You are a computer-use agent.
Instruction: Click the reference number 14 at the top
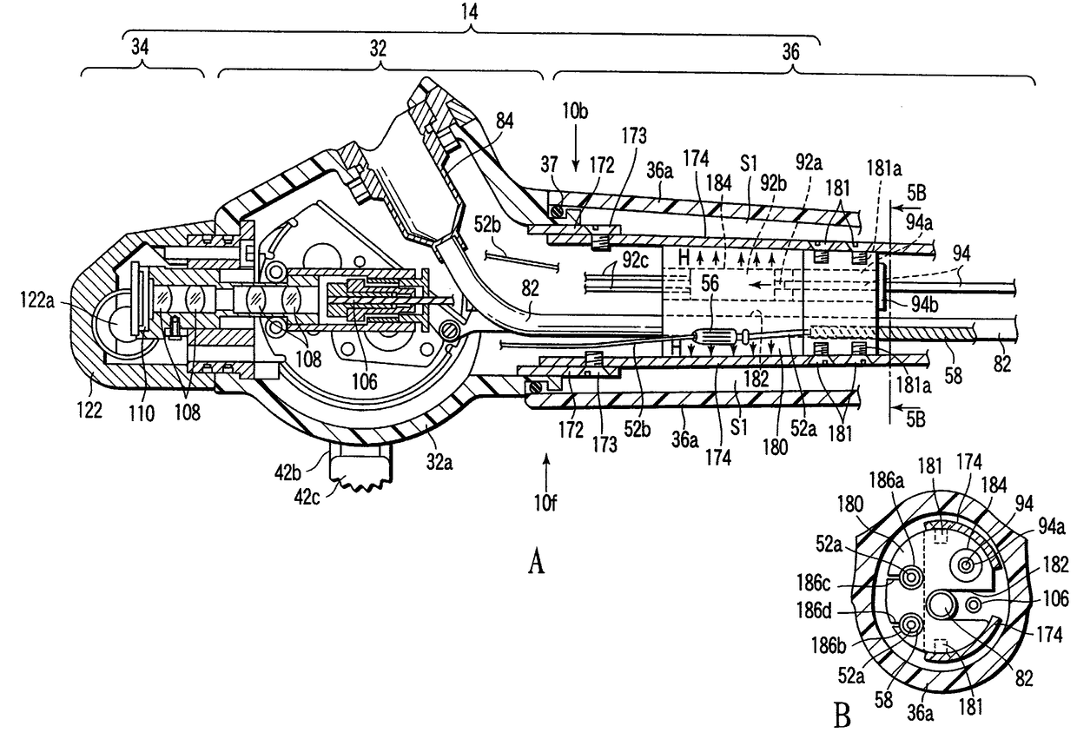[470, 12]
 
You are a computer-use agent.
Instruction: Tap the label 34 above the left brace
[140, 47]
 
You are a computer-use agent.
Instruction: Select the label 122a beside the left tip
[37, 300]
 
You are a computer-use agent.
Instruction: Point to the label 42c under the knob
[307, 498]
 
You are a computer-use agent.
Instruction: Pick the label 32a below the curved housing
[439, 463]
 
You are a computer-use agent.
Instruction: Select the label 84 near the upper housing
[505, 121]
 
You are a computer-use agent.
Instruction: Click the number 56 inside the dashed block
[710, 283]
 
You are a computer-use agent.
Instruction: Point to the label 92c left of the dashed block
[635, 261]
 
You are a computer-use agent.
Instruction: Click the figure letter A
[537, 562]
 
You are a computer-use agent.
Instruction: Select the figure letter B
[842, 716]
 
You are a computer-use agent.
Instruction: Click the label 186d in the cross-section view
[814, 610]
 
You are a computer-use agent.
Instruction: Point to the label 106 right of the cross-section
[1055, 599]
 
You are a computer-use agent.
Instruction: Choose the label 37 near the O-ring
[549, 165]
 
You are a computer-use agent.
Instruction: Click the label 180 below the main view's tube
[775, 447]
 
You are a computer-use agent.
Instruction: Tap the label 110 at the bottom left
[142, 413]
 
